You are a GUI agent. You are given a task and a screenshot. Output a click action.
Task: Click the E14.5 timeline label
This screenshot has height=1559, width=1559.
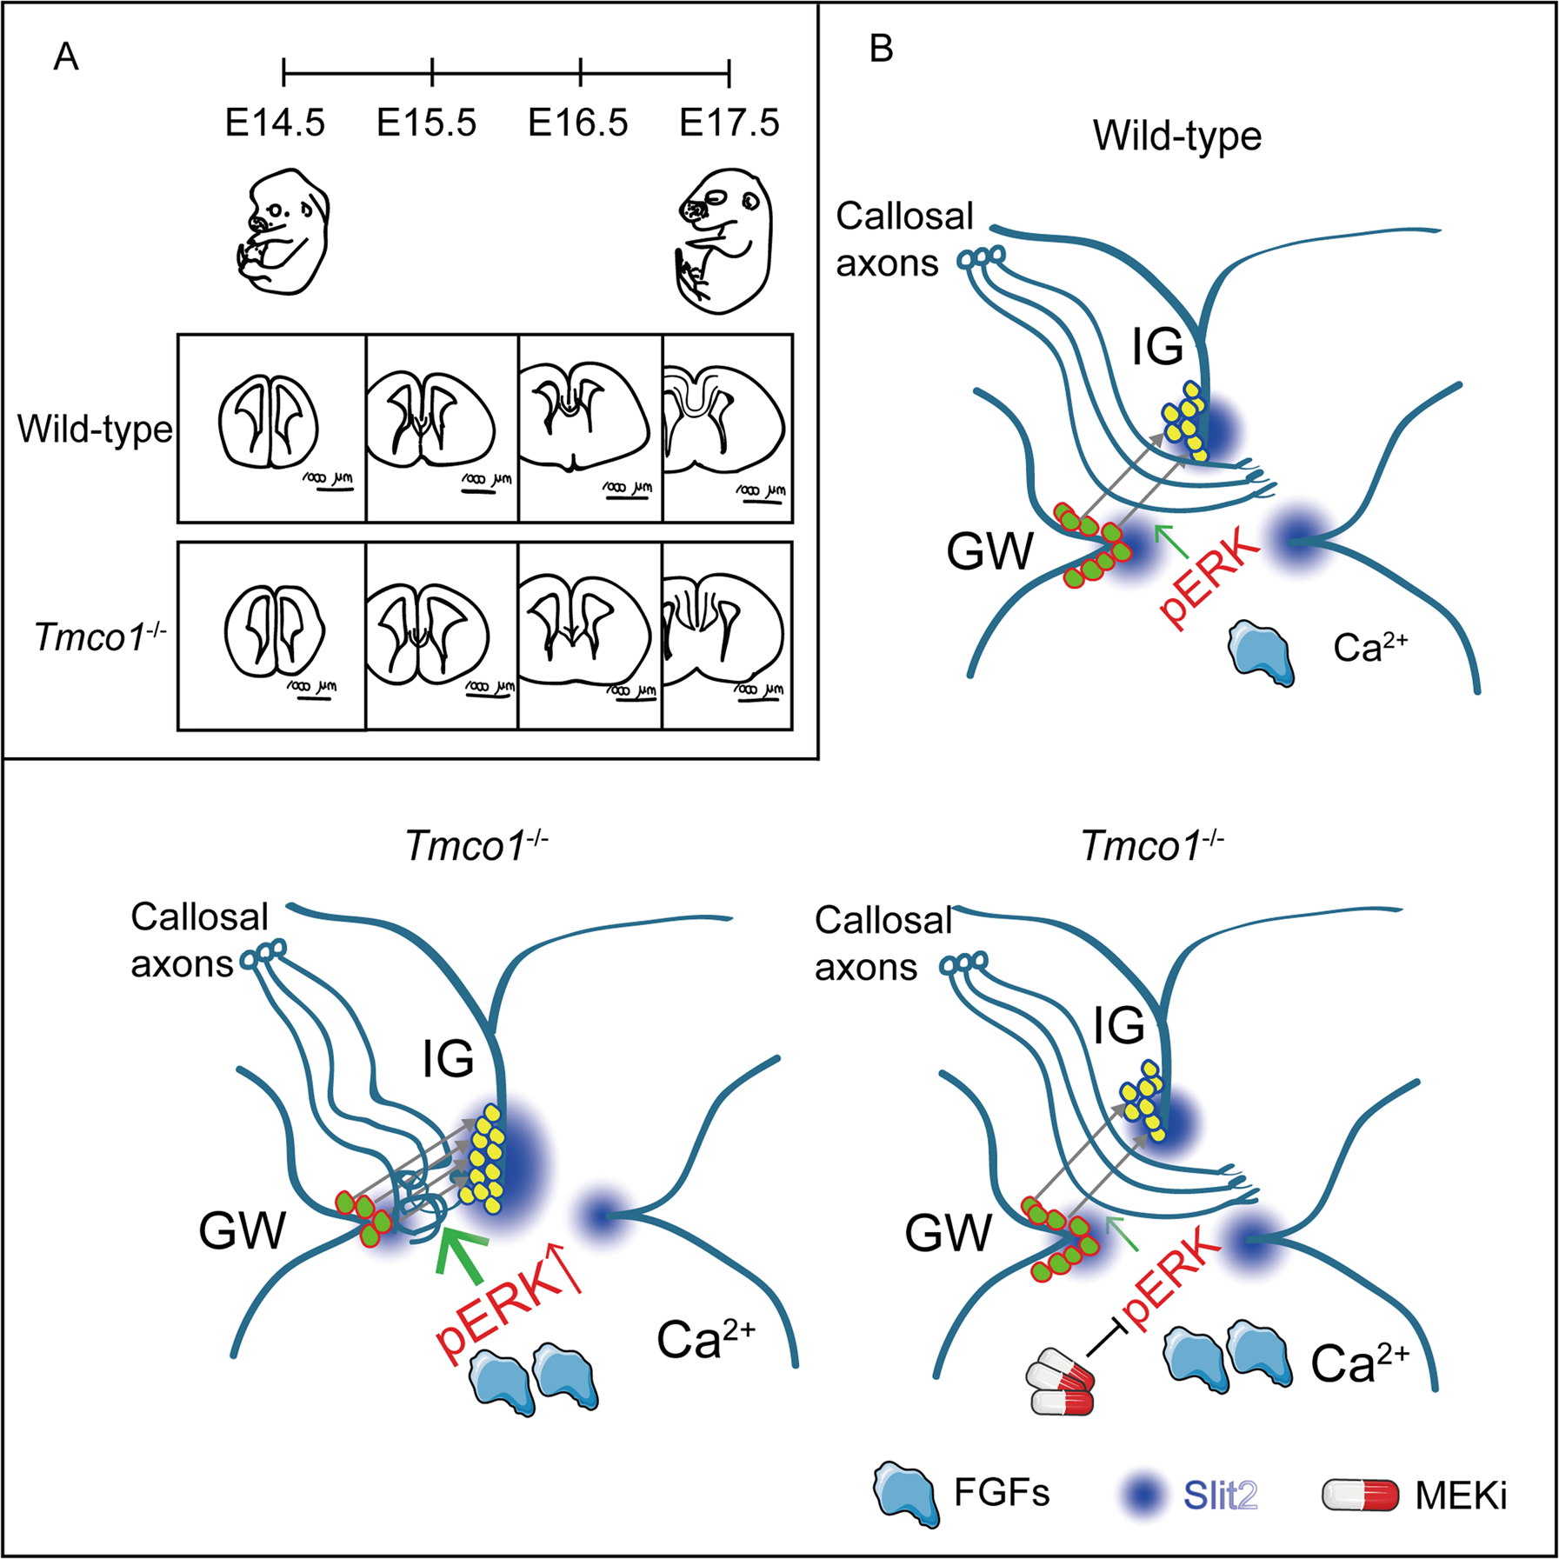(275, 123)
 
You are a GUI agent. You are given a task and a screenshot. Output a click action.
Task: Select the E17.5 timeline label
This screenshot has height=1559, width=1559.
(729, 123)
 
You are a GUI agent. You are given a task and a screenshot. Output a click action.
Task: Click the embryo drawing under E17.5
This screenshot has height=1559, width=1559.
(724, 241)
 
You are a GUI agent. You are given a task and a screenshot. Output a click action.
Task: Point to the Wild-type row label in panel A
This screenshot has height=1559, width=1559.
(95, 429)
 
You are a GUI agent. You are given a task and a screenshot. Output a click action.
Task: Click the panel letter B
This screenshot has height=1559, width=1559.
(881, 50)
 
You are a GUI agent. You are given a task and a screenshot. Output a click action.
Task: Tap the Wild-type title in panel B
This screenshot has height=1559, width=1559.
(1177, 136)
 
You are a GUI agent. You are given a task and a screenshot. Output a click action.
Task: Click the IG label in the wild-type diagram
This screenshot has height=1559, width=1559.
(1157, 348)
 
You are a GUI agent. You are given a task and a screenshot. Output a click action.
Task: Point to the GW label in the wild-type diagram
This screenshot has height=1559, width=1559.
(989, 551)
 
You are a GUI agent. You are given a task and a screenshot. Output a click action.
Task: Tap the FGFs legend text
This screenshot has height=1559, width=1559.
(1002, 1493)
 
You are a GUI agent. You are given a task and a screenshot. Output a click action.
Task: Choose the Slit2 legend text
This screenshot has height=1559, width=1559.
(1219, 1496)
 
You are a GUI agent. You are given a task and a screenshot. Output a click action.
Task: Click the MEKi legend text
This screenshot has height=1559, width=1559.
(1461, 1496)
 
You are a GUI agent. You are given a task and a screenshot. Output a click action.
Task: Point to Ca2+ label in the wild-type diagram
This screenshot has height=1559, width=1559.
(1370, 647)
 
